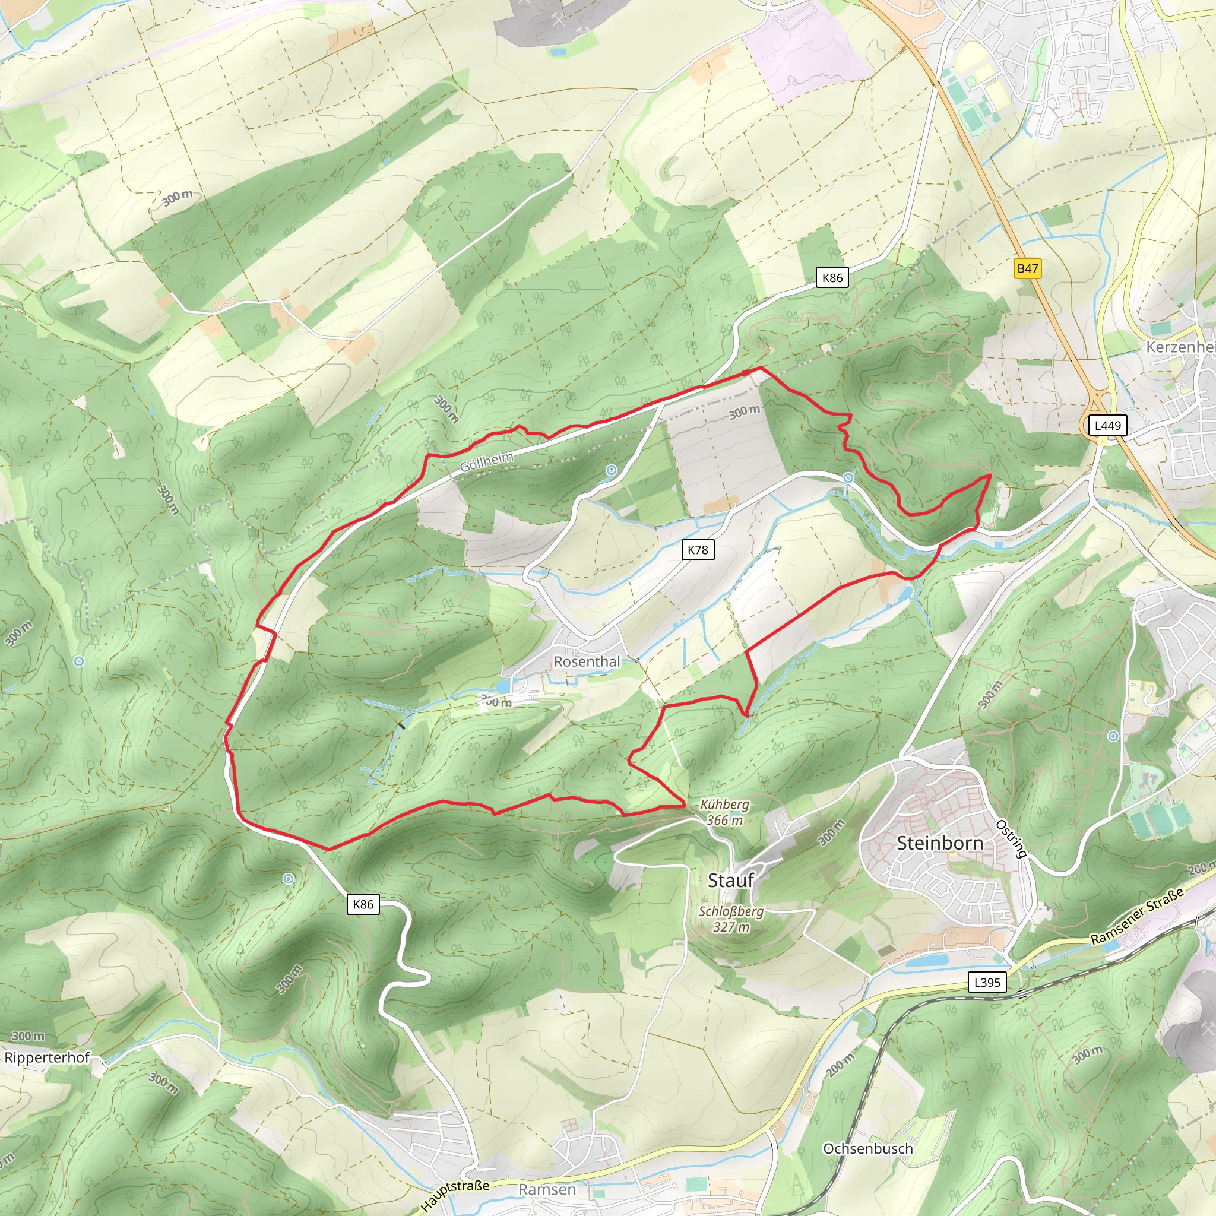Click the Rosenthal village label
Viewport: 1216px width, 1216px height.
coord(587,661)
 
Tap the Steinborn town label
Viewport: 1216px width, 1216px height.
coord(940,843)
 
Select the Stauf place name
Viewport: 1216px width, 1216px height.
coord(730,880)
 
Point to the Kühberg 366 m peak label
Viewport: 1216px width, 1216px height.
coord(724,812)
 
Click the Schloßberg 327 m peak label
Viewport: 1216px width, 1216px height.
coord(731,919)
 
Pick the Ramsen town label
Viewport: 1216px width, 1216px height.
coord(547,1189)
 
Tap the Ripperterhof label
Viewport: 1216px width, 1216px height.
coord(47,1057)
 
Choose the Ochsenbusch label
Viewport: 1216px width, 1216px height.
coord(868,1149)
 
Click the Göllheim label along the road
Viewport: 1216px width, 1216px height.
coord(486,463)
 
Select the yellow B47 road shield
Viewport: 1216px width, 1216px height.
coord(1028,268)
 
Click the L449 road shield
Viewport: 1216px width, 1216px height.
coord(1108,426)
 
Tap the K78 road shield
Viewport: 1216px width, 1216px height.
coord(698,549)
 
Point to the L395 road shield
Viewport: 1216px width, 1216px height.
coord(987,982)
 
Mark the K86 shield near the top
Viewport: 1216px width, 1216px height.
coord(832,277)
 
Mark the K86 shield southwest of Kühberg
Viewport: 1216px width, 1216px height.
coord(363,904)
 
